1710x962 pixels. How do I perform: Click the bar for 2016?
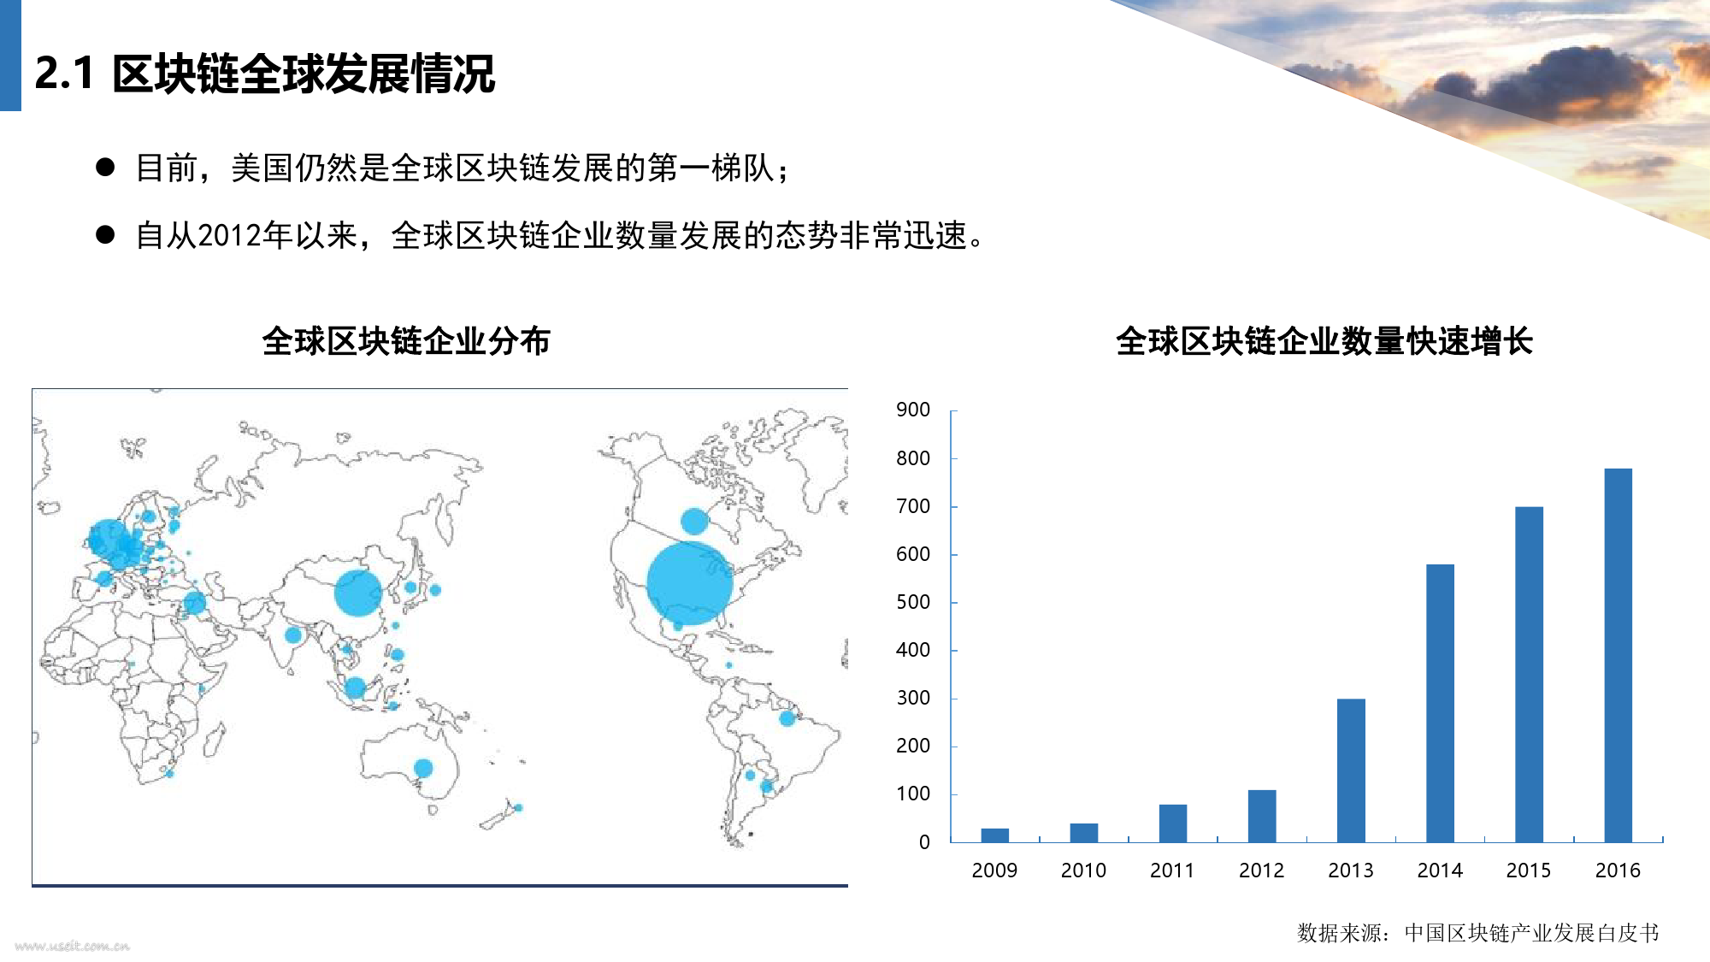point(1618,655)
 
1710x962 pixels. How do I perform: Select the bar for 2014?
point(1440,703)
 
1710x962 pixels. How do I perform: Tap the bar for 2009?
point(995,835)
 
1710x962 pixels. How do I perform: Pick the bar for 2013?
point(1351,770)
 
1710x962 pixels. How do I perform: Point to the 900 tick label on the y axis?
point(913,410)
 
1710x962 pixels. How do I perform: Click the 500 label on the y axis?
point(913,602)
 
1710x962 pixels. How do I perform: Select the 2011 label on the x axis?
point(1172,871)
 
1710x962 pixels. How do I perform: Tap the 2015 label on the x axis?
point(1529,871)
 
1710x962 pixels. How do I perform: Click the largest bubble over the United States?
point(689,583)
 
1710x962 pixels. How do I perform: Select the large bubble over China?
point(357,593)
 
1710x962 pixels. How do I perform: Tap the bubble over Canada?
point(694,521)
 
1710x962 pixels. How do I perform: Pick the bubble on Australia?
point(423,768)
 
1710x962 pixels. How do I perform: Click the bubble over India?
point(293,634)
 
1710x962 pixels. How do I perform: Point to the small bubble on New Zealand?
point(518,807)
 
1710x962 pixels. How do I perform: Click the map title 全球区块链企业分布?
point(406,341)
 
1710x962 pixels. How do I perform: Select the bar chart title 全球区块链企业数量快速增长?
point(1324,341)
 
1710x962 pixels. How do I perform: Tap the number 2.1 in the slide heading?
point(64,74)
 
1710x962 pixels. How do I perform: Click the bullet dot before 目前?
point(105,167)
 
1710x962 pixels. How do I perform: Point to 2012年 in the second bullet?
point(246,235)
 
